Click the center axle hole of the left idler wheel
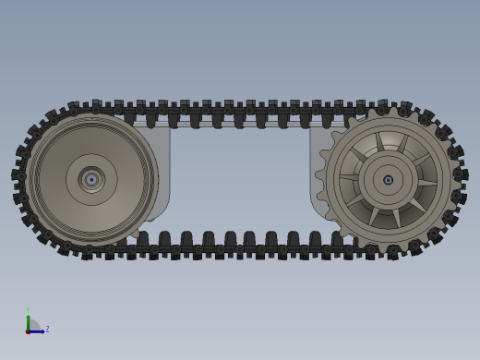tap(91, 179)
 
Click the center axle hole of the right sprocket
tap(388, 180)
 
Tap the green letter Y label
tap(28, 310)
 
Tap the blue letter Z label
tap(47, 329)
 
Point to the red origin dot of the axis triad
tap(28, 330)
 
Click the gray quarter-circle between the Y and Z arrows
tap(33, 325)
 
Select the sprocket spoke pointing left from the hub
tap(351, 176)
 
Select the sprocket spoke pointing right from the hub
tap(425, 183)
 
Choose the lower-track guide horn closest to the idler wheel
tap(143, 239)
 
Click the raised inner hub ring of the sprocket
tap(388, 160)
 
